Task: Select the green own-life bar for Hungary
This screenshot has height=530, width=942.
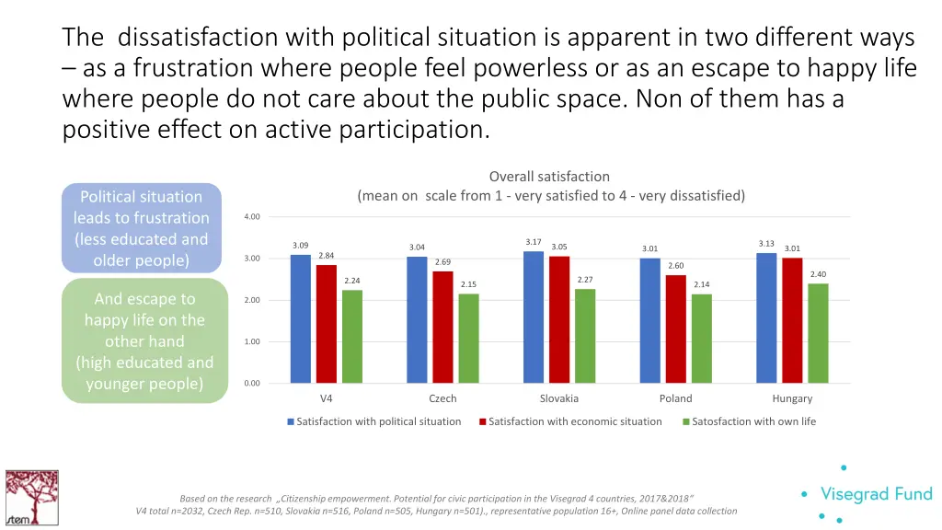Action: (x=818, y=333)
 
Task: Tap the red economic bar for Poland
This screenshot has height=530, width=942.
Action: (x=676, y=328)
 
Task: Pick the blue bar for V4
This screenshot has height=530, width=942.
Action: (x=301, y=318)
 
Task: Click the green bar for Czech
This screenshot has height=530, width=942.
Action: (x=468, y=338)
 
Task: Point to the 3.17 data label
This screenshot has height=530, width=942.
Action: (x=534, y=242)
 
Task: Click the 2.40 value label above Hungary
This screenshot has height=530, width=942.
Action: (x=818, y=274)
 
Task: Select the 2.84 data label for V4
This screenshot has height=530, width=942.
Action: (x=326, y=255)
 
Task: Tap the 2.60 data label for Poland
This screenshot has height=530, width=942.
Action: (x=676, y=265)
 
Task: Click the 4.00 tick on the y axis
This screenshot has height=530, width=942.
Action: (x=252, y=217)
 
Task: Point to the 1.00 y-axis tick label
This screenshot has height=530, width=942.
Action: (x=252, y=342)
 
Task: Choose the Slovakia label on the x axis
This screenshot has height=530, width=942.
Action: (x=559, y=398)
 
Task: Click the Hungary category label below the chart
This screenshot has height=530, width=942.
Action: (x=792, y=398)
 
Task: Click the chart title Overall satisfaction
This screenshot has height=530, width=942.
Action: (x=549, y=177)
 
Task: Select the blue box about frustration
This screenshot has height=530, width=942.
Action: (x=142, y=228)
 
